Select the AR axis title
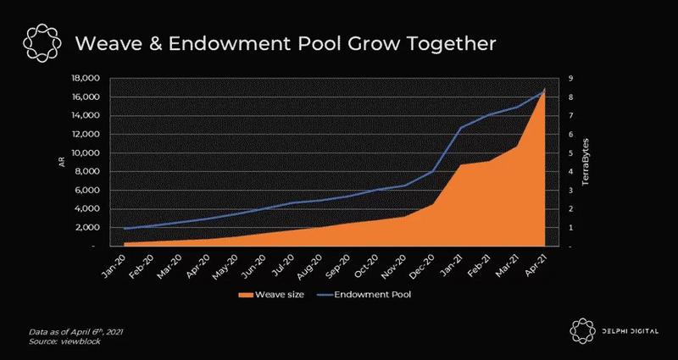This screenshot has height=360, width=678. coord(62,162)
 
